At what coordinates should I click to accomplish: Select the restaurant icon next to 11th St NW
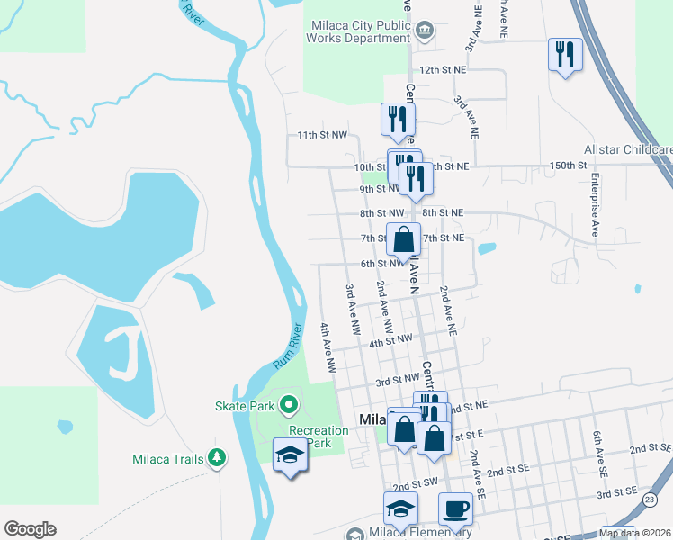pyautogui.click(x=396, y=119)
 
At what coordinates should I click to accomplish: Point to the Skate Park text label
pyautogui.click(x=244, y=407)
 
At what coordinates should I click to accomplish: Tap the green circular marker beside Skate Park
pyautogui.click(x=288, y=406)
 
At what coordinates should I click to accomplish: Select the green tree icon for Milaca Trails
pyautogui.click(x=216, y=459)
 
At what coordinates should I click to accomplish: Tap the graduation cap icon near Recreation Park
pyautogui.click(x=291, y=455)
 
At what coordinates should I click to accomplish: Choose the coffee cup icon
pyautogui.click(x=455, y=508)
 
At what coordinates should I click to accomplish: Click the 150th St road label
pyautogui.click(x=568, y=166)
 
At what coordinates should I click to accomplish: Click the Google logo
pyautogui.click(x=30, y=529)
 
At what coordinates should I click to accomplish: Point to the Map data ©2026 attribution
pyautogui.click(x=633, y=533)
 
